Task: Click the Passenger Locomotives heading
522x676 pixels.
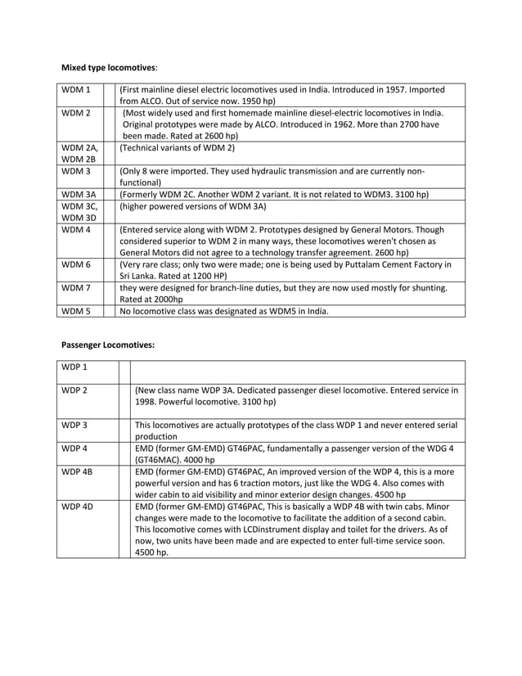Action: [x=109, y=345]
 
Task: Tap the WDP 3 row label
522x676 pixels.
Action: [x=75, y=425]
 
